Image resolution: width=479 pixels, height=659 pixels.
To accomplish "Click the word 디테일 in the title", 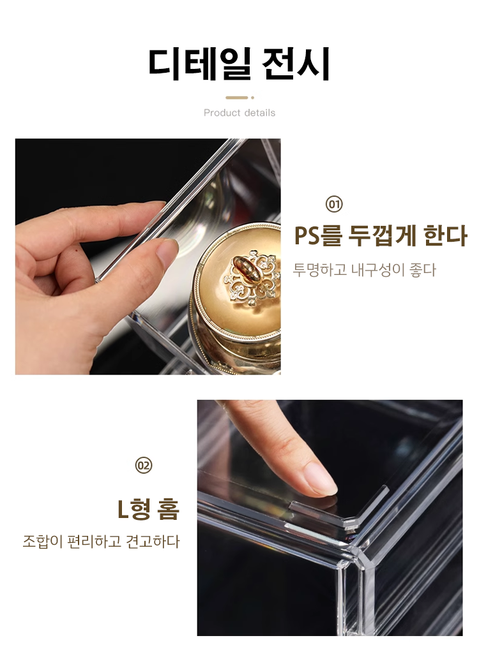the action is pyautogui.click(x=199, y=63).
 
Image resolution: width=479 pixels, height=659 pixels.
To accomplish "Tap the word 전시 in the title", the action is pyautogui.click(x=295, y=63).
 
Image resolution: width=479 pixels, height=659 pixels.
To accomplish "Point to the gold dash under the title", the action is pyautogui.click(x=237, y=98).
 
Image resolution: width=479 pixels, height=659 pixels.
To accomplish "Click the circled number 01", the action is pyautogui.click(x=334, y=205).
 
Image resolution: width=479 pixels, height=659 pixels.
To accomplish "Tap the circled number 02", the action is pyautogui.click(x=144, y=466).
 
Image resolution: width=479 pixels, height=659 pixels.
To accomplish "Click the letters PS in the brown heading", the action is pyautogui.click(x=307, y=235).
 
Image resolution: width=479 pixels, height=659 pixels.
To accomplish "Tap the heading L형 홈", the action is pyautogui.click(x=148, y=508).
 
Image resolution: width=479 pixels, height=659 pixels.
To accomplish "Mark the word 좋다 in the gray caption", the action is pyautogui.click(x=423, y=270).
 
